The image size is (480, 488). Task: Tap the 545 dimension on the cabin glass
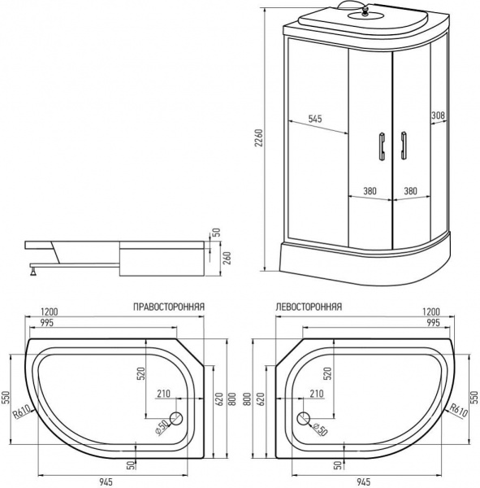point(316,120)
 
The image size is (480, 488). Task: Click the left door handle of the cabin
point(378,146)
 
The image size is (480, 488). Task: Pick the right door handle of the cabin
point(401,146)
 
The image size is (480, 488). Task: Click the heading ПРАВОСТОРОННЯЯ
point(169,307)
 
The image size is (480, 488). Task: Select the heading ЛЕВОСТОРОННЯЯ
point(309,307)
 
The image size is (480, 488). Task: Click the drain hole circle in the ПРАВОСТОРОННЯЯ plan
point(176,420)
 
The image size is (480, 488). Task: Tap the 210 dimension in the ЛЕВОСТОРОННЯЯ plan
point(317,394)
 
